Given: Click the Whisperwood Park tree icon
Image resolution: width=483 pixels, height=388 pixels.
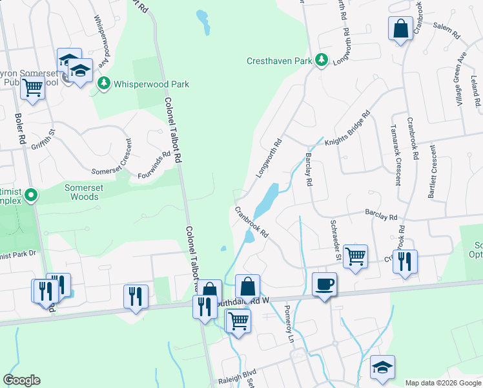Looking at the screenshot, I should [x=103, y=83].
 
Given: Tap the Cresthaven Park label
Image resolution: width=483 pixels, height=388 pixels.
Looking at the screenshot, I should [x=278, y=61].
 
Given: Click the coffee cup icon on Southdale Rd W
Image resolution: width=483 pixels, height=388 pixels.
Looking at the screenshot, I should [x=324, y=283].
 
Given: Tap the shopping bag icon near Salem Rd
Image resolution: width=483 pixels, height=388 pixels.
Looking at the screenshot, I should [x=400, y=28].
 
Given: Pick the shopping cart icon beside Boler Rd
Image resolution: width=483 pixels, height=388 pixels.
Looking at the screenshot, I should [x=32, y=87].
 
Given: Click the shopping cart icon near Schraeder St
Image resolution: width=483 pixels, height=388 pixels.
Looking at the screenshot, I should [x=355, y=256].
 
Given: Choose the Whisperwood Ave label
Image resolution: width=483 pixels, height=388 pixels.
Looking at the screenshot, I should [x=102, y=39].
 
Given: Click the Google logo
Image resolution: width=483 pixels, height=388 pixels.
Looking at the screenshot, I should [x=21, y=380].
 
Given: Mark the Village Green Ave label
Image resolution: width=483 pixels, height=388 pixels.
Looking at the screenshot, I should [x=460, y=71].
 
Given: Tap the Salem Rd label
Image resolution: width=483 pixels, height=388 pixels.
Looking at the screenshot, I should [x=446, y=30].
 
